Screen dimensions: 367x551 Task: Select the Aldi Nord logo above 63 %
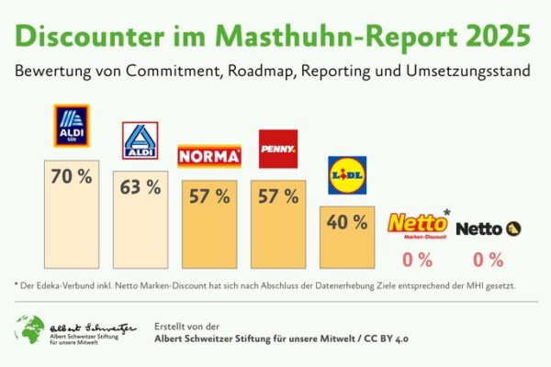pyautogui.click(x=140, y=141)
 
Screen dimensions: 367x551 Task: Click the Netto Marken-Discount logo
pyautogui.click(x=418, y=225)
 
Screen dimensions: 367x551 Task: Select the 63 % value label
pyautogui.click(x=141, y=187)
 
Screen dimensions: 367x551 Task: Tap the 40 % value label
pyautogui.click(x=346, y=222)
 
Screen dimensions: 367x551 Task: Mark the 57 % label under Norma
pyautogui.click(x=208, y=195)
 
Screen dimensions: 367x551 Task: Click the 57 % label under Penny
pyautogui.click(x=277, y=195)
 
